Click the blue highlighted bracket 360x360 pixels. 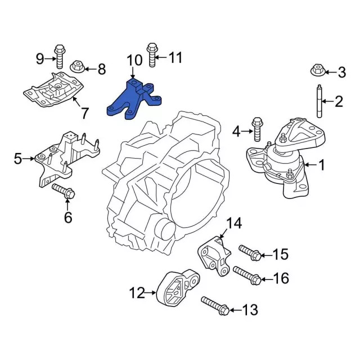point(133,100)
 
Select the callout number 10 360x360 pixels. point(134,60)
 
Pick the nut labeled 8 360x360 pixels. point(78,69)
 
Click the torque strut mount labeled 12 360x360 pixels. point(177,289)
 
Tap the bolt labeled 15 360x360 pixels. point(249,253)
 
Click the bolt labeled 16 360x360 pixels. point(247,275)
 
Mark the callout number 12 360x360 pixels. point(137,292)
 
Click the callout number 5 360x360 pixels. point(17,159)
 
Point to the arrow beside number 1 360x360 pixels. point(308,165)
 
